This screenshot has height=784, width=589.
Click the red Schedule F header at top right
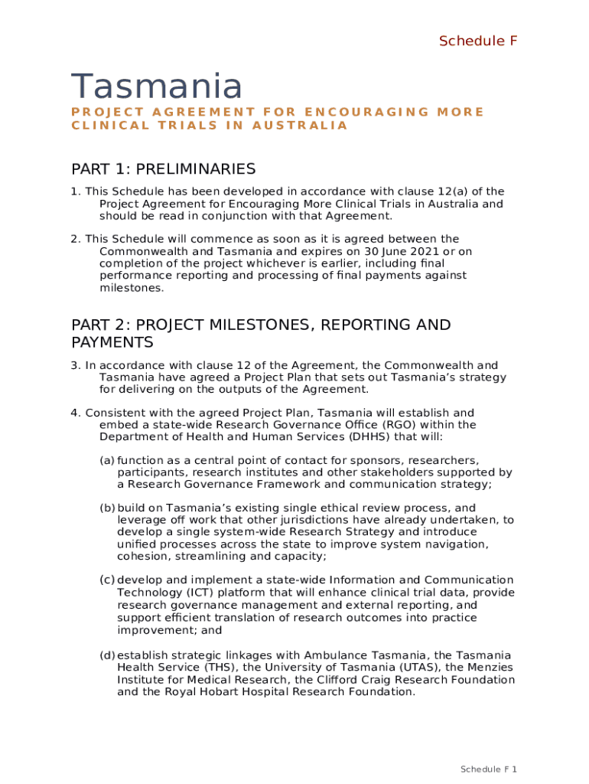pos(478,41)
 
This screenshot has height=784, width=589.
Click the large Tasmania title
pos(157,86)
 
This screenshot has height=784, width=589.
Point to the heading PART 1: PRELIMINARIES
pos(163,168)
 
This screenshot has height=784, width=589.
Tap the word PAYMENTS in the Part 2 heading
pos(112,341)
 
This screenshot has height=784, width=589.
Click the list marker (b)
pos(107,508)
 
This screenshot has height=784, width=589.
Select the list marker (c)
pos(107,580)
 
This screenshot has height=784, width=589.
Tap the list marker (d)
pos(107,655)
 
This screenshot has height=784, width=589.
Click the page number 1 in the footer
pos(516,769)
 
